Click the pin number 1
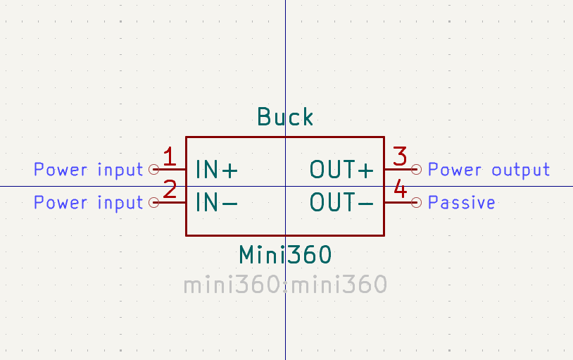point(170,156)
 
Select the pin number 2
point(170,190)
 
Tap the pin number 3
point(400,156)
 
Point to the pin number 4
point(401,189)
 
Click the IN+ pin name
point(217,169)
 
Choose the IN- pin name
point(217,202)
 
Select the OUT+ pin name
point(341,169)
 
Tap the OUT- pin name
point(341,202)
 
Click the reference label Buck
point(285,117)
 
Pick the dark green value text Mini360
point(285,254)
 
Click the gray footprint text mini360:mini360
point(285,285)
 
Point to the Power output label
point(489,170)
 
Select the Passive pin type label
point(462,202)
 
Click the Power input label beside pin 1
point(89,170)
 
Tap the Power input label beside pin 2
point(89,203)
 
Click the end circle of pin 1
point(154,169)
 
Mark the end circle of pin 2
point(154,202)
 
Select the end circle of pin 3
point(416,169)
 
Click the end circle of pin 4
point(416,202)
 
